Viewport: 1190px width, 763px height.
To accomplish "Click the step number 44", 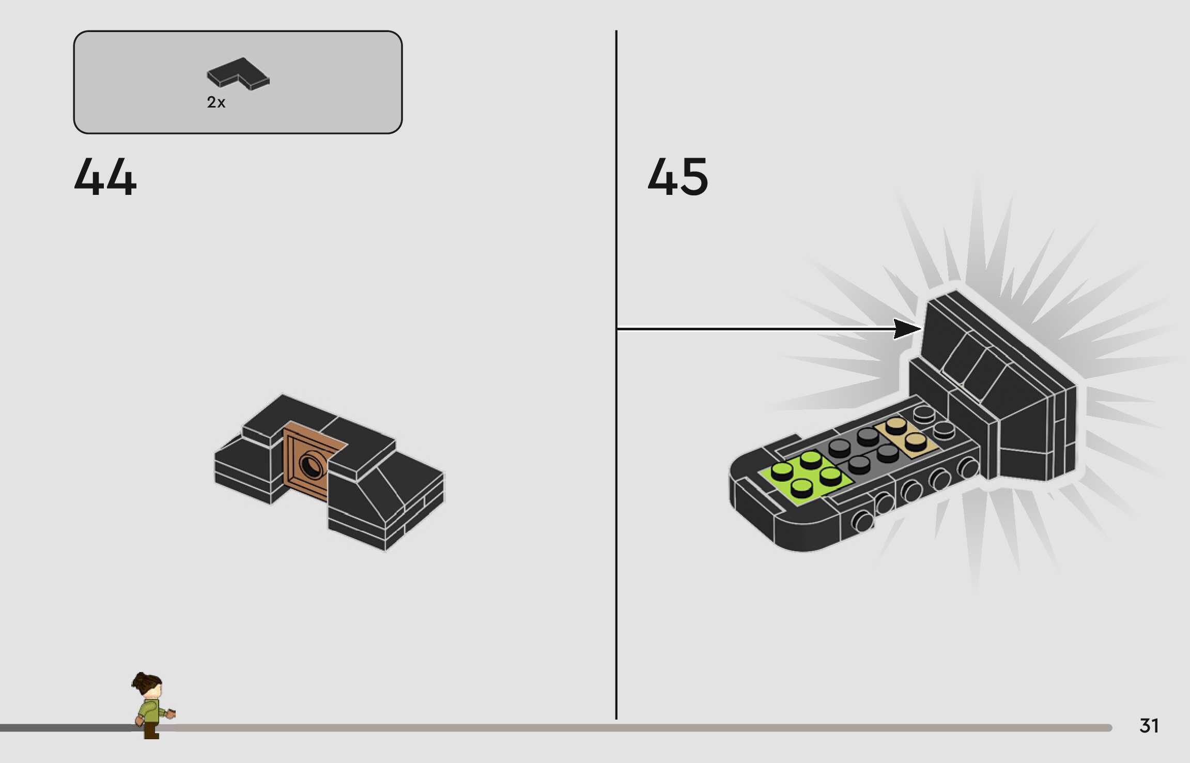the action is click(x=105, y=177).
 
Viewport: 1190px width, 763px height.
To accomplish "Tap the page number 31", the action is click(x=1149, y=726).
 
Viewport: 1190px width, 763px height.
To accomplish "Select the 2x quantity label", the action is click(x=216, y=102).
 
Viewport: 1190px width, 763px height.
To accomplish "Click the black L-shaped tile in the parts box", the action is click(x=238, y=73).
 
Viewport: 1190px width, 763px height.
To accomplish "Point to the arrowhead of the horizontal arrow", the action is click(x=907, y=329).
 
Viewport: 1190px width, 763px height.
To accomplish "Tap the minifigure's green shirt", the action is click(x=150, y=711).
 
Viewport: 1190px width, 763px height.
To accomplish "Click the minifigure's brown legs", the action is click(x=151, y=730).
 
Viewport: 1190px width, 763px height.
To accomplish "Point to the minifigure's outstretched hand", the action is click(x=171, y=714).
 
